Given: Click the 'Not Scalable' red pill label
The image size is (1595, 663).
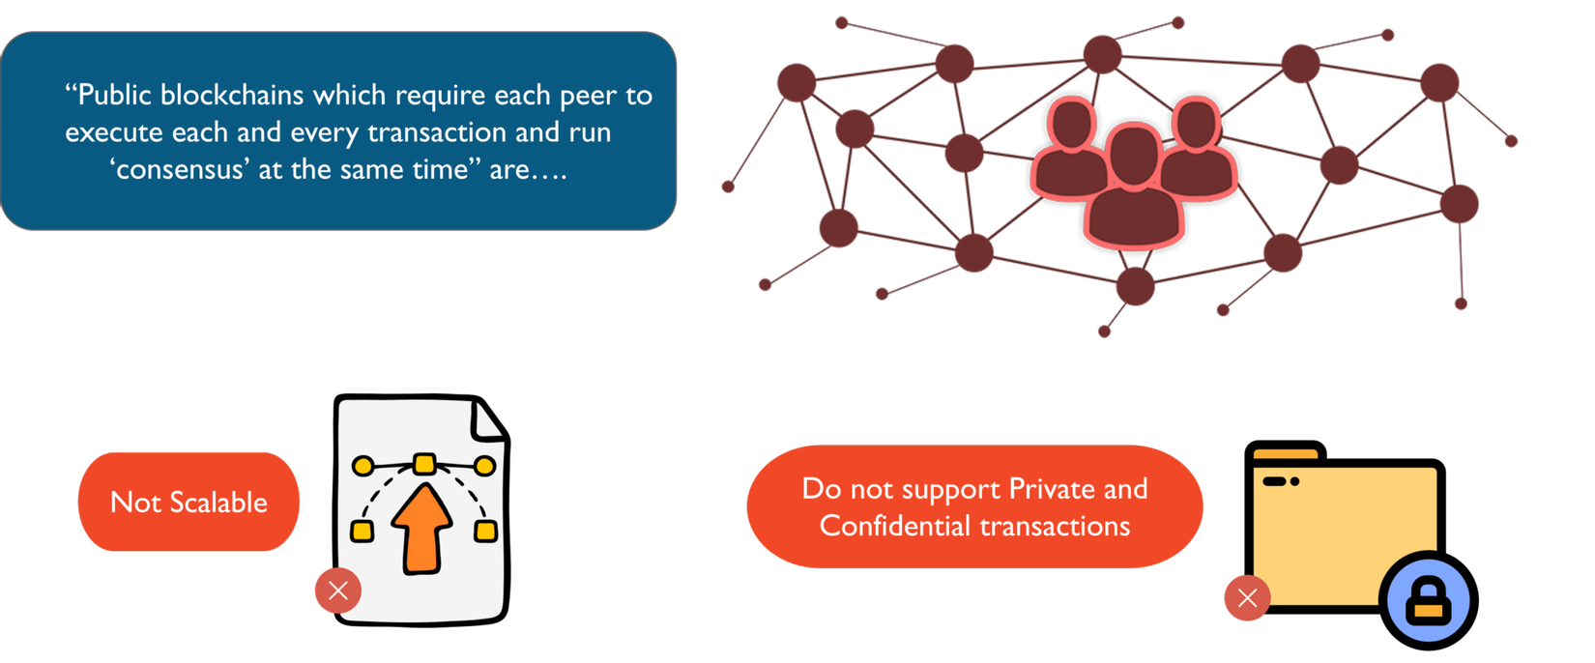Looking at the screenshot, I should point(188,502).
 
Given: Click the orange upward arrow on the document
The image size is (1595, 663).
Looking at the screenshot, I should point(422,527).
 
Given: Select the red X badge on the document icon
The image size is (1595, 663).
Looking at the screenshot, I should point(337,591).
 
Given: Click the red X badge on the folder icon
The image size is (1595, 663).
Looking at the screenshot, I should point(1247,598).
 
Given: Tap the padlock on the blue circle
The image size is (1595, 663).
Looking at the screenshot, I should point(1429,599).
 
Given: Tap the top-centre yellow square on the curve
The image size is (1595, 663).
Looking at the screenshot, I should point(423,464).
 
